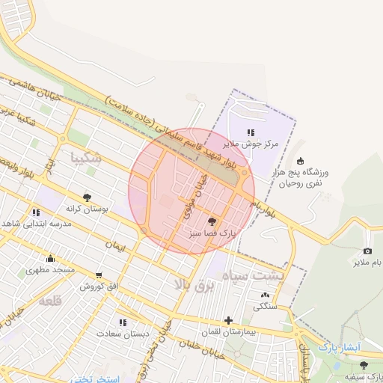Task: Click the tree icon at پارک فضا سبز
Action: point(212,221)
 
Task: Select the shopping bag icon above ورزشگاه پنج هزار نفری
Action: point(301,161)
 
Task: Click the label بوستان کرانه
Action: point(88,209)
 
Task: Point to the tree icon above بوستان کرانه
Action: point(88,197)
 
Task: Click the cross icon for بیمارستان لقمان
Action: point(228,320)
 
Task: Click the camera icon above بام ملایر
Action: point(367,251)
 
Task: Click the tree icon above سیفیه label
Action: point(364,364)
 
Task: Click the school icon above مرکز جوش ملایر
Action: point(251,132)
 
